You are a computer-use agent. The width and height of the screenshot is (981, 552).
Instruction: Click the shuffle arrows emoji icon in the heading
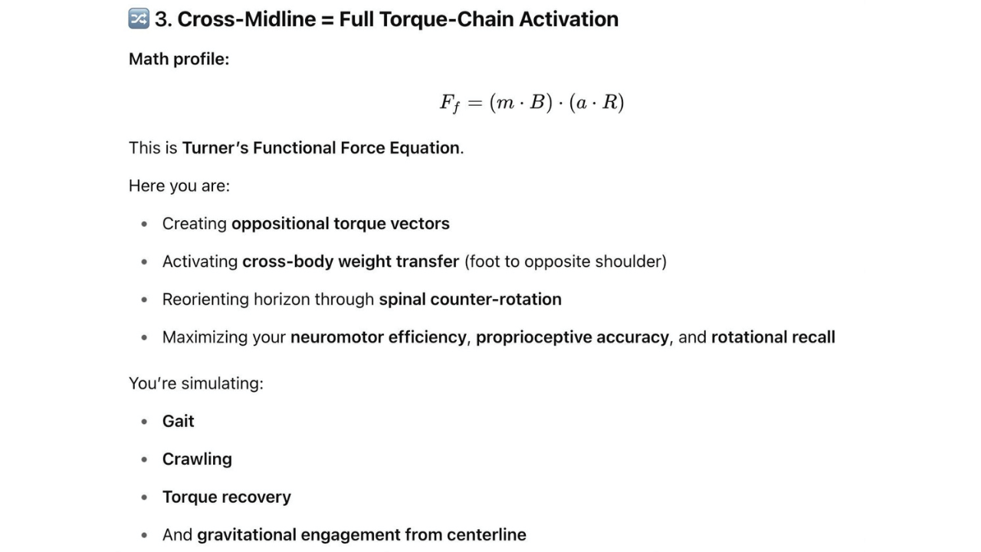click(x=139, y=18)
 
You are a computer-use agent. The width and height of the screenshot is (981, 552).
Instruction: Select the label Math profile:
click(x=179, y=59)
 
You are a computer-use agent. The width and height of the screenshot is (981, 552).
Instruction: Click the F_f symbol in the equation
click(x=449, y=103)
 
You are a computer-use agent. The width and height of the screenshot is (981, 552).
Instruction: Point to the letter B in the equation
click(x=536, y=102)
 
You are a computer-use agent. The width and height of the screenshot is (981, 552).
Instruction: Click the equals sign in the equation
click(x=474, y=102)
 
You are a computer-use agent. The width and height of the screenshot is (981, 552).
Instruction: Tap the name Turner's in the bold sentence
click(x=215, y=147)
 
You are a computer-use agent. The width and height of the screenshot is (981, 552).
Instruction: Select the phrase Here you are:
click(x=179, y=186)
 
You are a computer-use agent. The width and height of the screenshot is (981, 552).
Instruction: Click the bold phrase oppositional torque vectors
click(x=340, y=224)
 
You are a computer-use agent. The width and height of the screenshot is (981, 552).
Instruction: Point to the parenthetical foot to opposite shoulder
click(x=566, y=261)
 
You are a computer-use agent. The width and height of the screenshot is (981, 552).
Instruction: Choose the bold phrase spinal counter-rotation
click(x=470, y=299)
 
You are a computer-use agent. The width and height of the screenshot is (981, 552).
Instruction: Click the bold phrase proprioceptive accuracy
click(x=572, y=337)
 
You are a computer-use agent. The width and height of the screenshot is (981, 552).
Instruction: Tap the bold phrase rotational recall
click(x=773, y=337)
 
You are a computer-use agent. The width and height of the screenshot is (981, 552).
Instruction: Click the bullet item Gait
click(x=178, y=421)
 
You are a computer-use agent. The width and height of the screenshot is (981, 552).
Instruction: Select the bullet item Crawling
click(x=197, y=459)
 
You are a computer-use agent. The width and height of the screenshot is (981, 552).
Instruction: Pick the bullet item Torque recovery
click(x=226, y=497)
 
